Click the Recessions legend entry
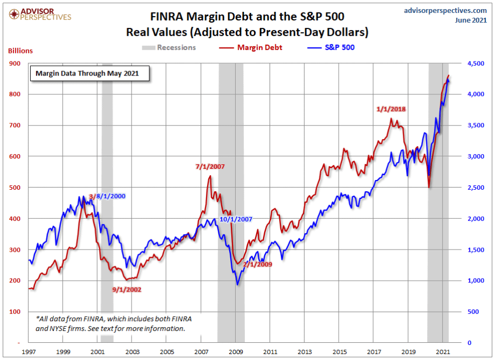pyautogui.click(x=169, y=47)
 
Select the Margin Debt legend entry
pyautogui.click(x=252, y=47)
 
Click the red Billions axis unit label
pyautogui.click(x=20, y=51)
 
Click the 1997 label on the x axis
pyautogui.click(x=29, y=351)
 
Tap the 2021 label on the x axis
pyautogui.click(x=442, y=351)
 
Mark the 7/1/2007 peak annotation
pyautogui.click(x=210, y=167)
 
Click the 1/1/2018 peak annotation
pyautogui.click(x=391, y=109)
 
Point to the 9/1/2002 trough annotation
pyautogui.click(x=127, y=289)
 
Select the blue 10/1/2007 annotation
pyautogui.click(x=236, y=219)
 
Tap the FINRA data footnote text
pyautogui.click(x=114, y=323)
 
